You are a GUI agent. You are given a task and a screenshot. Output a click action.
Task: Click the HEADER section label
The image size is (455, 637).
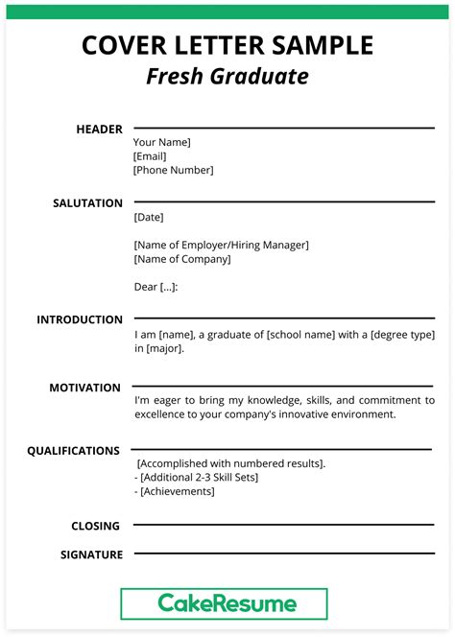click(x=100, y=130)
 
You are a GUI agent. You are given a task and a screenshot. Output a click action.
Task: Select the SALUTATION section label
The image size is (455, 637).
click(x=87, y=203)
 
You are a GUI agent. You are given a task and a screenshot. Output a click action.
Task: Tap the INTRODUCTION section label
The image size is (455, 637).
click(x=80, y=319)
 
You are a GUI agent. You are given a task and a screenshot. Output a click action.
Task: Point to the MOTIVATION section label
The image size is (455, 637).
click(x=84, y=388)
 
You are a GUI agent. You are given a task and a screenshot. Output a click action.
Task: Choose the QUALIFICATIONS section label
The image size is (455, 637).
click(x=73, y=450)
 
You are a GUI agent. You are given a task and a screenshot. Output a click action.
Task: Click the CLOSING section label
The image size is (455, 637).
click(x=95, y=526)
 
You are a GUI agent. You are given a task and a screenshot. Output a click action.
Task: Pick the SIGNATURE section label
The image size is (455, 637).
click(x=91, y=554)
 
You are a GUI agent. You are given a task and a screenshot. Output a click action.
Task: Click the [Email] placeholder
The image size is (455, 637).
click(x=150, y=156)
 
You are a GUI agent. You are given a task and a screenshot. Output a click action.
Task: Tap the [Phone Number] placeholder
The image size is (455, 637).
click(x=173, y=171)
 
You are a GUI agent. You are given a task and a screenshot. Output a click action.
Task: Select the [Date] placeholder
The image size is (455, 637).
click(x=149, y=218)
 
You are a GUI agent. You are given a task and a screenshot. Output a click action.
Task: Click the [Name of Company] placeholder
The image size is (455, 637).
click(x=182, y=259)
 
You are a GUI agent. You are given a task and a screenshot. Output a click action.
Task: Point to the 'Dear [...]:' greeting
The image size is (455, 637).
click(x=156, y=287)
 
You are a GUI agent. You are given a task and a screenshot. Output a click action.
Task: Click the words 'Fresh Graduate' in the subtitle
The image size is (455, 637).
click(x=227, y=76)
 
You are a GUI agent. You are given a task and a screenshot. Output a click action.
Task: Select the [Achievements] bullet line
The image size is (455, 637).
click(x=175, y=492)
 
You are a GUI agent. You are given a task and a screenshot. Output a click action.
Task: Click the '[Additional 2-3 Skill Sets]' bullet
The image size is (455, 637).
click(x=197, y=478)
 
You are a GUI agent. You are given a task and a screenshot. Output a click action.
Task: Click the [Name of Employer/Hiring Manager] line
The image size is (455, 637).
click(x=221, y=246)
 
